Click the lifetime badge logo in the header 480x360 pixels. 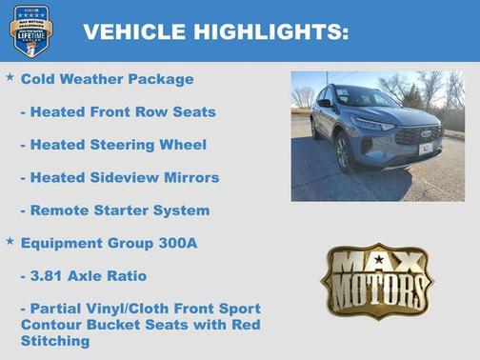click(x=30, y=30)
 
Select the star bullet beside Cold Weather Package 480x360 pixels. click(x=10, y=76)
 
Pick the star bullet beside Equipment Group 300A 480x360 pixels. click(x=10, y=241)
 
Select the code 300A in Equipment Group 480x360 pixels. click(x=177, y=243)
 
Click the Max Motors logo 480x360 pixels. click(x=376, y=280)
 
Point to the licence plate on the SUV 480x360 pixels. click(x=426, y=149)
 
